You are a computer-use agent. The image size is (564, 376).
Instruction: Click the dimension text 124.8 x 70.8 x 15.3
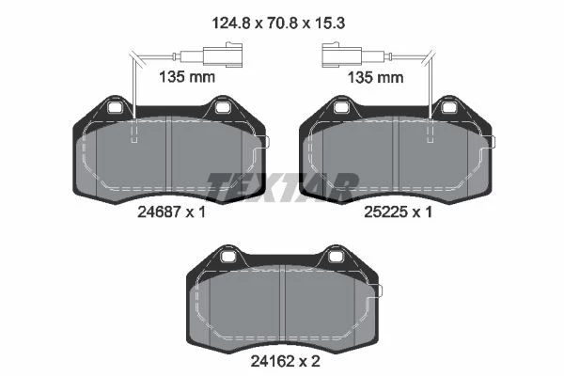tap(279, 23)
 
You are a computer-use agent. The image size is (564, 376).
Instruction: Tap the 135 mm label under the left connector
tap(187, 77)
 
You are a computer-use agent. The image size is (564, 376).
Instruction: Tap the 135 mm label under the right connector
tap(375, 78)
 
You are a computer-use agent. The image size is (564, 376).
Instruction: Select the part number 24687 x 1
tap(171, 212)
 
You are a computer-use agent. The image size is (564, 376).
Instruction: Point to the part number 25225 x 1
tap(398, 212)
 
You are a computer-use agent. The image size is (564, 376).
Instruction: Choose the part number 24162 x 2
tap(285, 361)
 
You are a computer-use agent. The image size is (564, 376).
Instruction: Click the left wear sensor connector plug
tap(223, 55)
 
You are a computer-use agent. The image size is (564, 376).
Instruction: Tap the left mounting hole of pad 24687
tap(116, 107)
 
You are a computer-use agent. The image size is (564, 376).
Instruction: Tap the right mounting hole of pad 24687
tap(222, 107)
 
